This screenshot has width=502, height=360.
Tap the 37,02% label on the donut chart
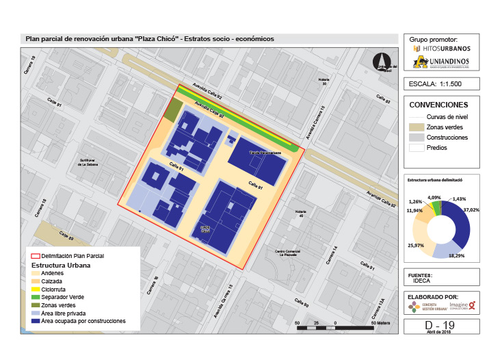tap(471, 210)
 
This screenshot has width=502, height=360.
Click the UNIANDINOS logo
tap(442, 64)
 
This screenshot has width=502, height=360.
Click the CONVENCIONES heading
tap(438, 105)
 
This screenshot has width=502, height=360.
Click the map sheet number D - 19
tap(440, 324)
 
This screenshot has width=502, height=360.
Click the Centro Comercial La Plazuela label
tap(288, 253)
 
